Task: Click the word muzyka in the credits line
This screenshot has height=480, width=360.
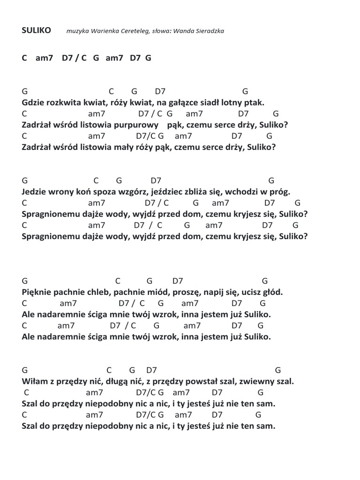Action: (77, 31)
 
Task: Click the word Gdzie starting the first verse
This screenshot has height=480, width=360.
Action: (32, 102)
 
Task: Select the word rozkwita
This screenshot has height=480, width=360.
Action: (60, 102)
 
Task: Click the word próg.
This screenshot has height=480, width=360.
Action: (281, 192)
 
